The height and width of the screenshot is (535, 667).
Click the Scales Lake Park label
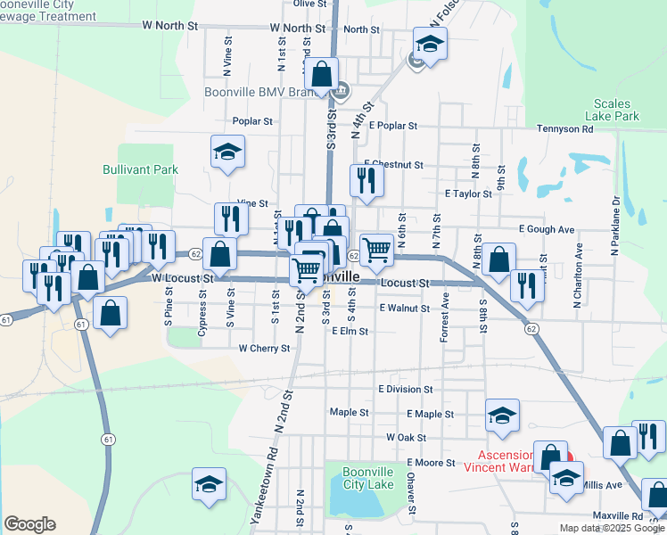(612, 110)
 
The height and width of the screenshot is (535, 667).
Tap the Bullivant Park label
(140, 169)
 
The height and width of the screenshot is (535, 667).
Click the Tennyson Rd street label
(564, 129)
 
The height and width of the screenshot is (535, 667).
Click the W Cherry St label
(264, 349)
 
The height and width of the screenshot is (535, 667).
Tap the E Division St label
(405, 390)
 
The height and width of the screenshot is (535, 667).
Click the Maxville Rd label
(618, 516)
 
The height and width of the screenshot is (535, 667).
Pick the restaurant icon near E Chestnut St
(366, 179)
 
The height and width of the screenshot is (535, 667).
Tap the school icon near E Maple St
(502, 415)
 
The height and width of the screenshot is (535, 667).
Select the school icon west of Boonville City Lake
(210, 484)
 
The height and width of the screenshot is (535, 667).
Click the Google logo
(29, 524)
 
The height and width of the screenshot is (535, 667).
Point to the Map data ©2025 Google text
(612, 528)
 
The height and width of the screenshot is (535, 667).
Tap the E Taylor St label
(468, 193)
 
